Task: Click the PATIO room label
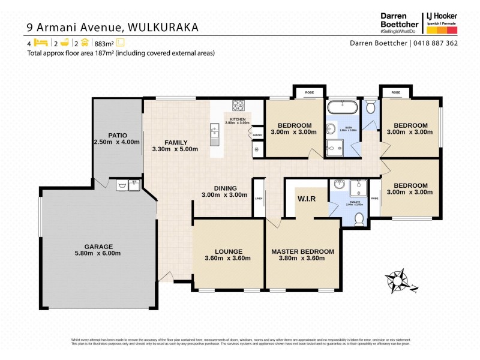(x=116, y=135)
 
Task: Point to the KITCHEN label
(x=236, y=119)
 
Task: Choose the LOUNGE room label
(x=228, y=251)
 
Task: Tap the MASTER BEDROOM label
(x=302, y=251)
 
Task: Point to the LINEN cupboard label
(x=259, y=199)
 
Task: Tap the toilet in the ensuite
(x=359, y=219)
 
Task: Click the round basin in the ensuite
(x=339, y=185)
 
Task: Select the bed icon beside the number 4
(x=40, y=43)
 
